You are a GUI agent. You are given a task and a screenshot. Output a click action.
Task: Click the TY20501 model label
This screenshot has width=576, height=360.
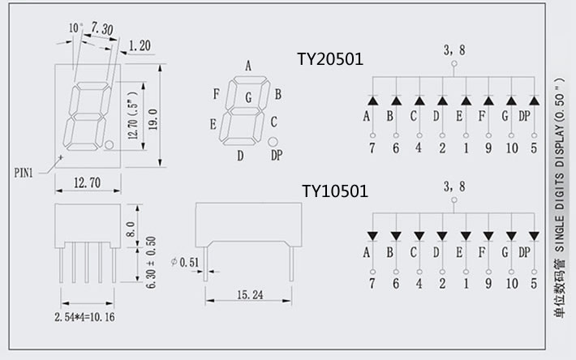coord(330,59)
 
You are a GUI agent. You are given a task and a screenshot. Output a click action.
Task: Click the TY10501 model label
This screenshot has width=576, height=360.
coord(335,191)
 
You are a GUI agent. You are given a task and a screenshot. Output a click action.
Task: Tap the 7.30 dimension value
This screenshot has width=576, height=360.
coord(102,29)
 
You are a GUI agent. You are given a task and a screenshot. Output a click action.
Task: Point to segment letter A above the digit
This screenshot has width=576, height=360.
coord(247,66)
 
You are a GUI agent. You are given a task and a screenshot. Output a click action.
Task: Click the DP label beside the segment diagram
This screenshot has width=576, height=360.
coord(277,154)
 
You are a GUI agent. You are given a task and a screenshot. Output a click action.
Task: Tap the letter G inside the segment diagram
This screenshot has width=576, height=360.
coord(249,98)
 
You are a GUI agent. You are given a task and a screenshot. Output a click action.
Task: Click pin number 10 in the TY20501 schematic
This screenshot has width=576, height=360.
coord(512,147)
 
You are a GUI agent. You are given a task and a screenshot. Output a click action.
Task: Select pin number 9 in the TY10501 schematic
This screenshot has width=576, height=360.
coord(488,284)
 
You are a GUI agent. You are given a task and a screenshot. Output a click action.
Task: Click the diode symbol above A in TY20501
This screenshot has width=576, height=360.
coord(372,101)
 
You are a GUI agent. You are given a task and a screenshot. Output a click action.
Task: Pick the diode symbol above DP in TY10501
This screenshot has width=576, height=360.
coord(535,236)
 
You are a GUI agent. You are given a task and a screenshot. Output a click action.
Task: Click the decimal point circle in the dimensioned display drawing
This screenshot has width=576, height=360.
coord(109,145)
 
